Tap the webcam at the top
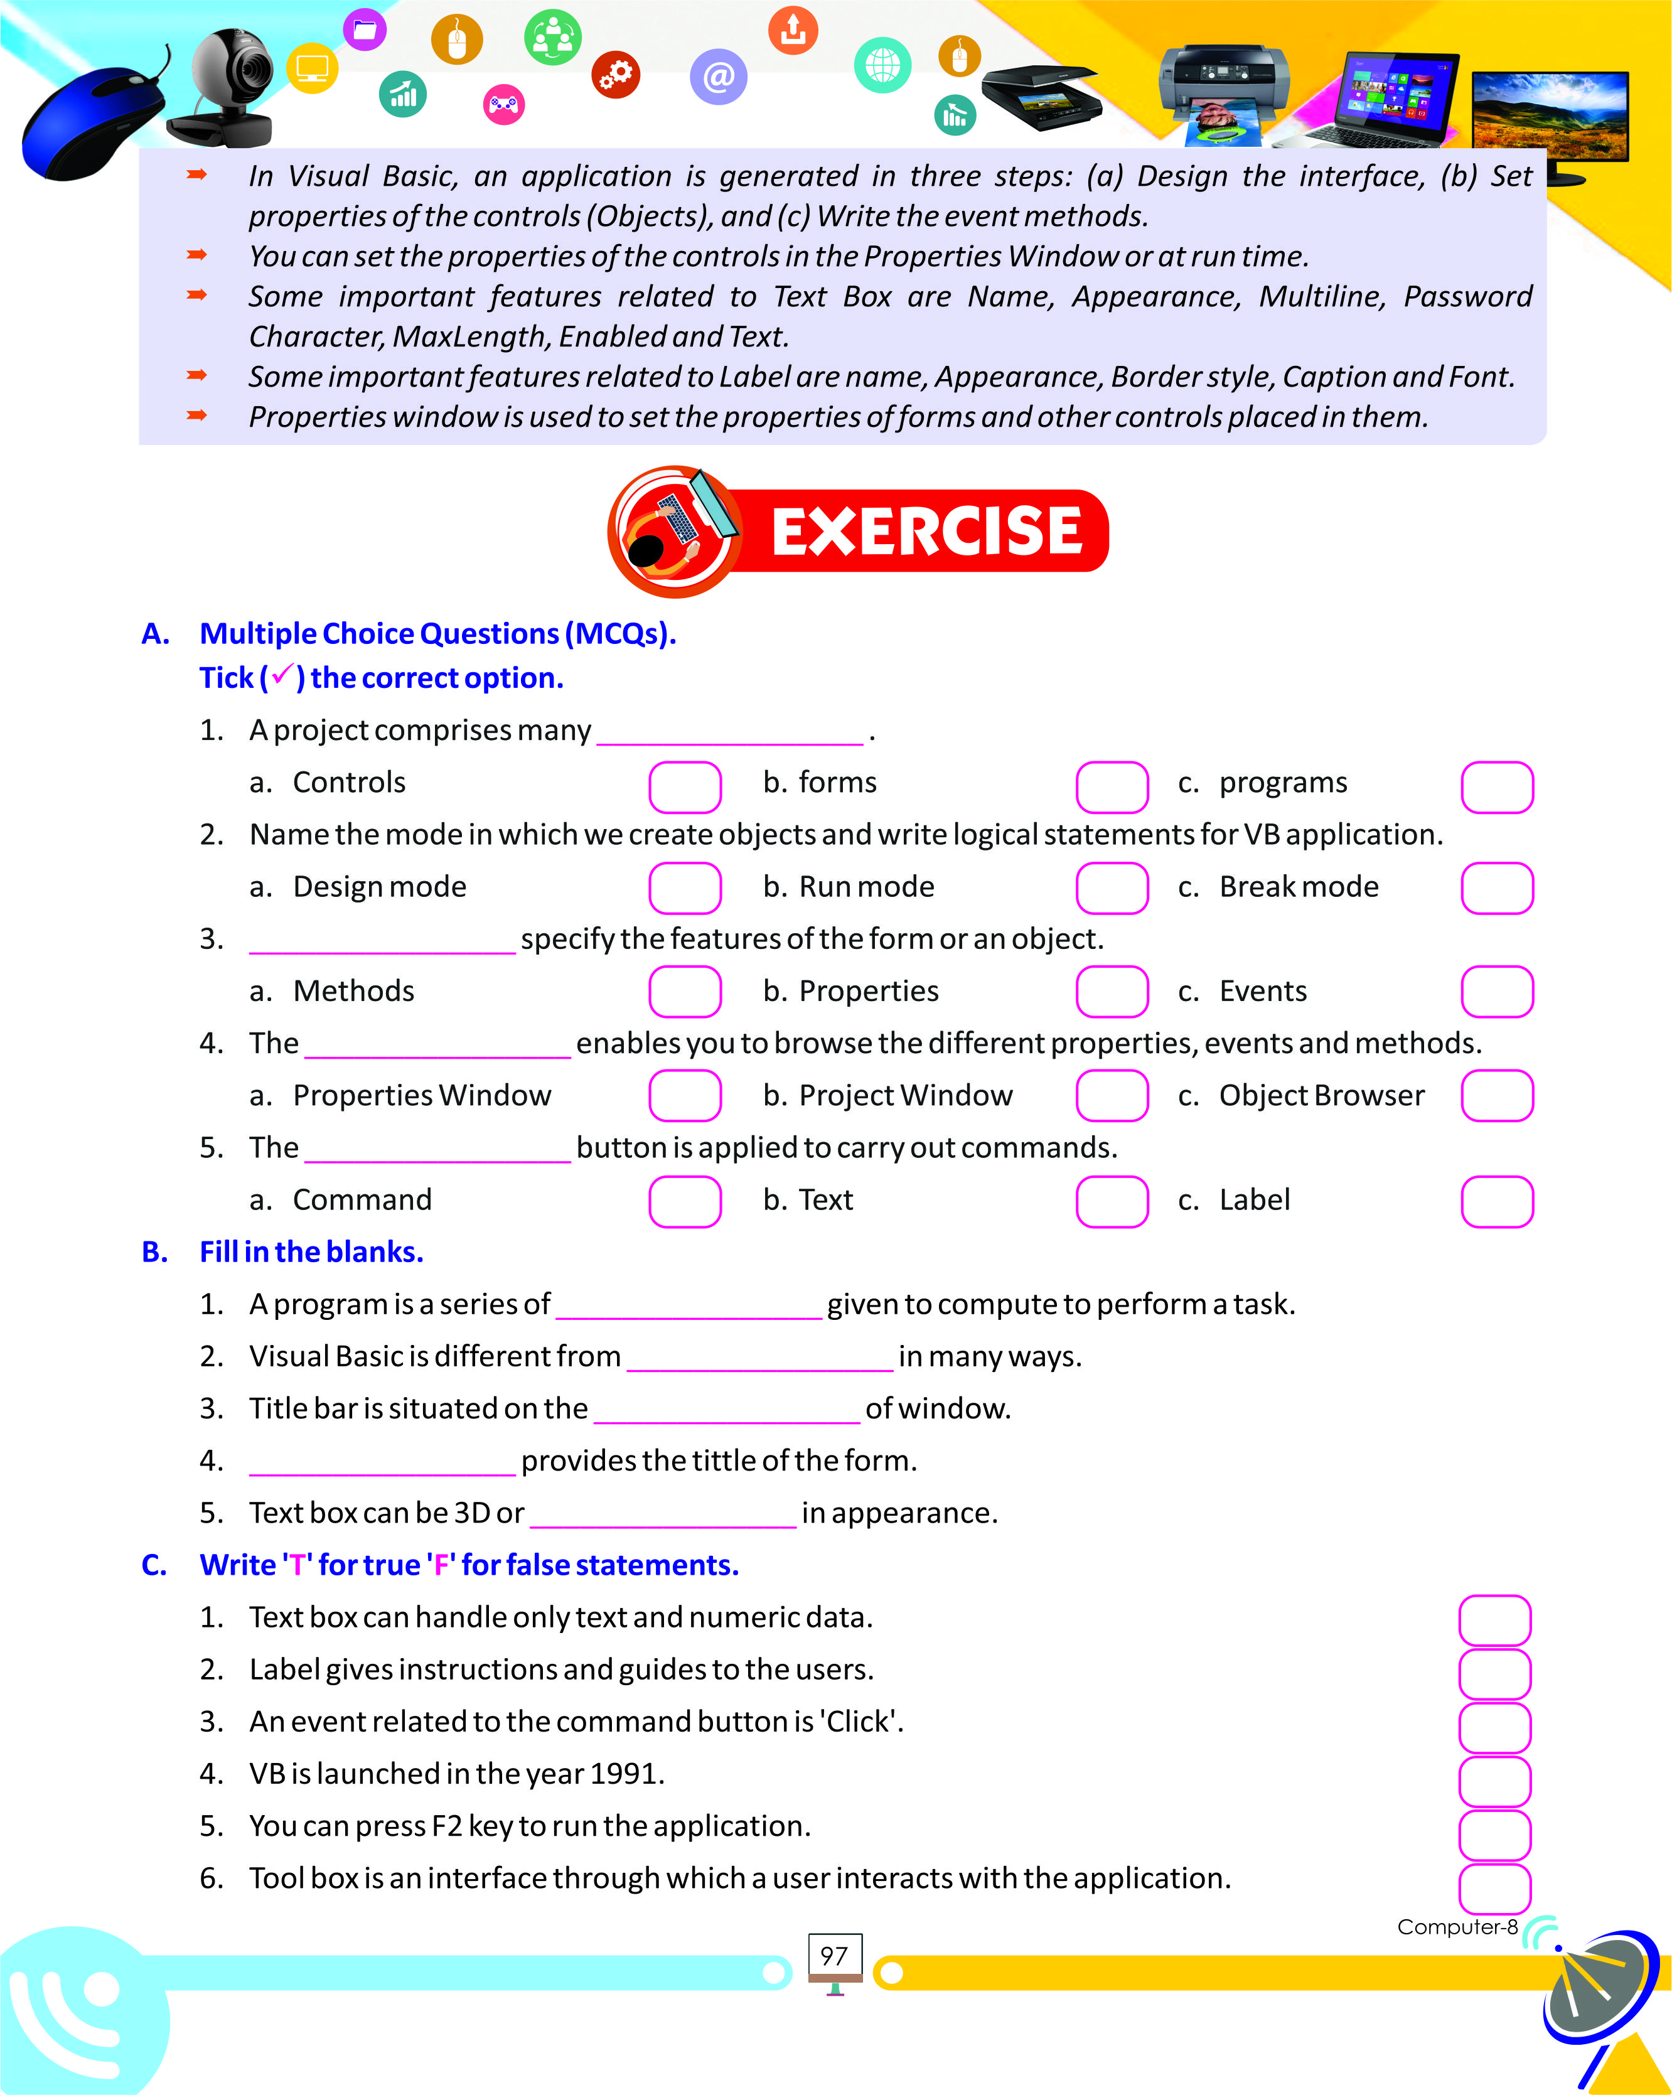[x=233, y=87]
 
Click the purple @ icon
[x=718, y=77]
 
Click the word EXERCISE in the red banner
[x=925, y=532]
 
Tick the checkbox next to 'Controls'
[x=685, y=786]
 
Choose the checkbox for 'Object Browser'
[x=1496, y=1096]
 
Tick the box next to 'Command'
[x=685, y=1201]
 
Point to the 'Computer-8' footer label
[x=1456, y=1927]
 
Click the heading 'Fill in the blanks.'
[x=311, y=1251]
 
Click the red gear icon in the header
[x=616, y=75]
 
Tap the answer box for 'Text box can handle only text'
[x=1494, y=1620]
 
